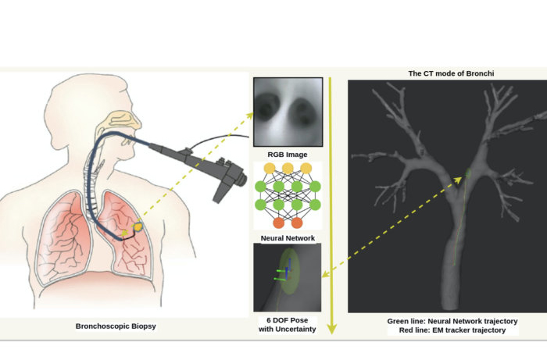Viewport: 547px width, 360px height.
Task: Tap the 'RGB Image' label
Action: tap(288, 155)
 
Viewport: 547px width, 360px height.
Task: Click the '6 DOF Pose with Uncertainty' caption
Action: tap(288, 325)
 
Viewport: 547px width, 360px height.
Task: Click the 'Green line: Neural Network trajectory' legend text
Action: tap(452, 321)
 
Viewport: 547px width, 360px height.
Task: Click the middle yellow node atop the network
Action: tap(288, 169)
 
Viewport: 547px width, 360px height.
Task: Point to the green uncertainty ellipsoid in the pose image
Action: tap(288, 273)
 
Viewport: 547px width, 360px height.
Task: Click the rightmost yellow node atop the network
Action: tap(306, 169)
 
